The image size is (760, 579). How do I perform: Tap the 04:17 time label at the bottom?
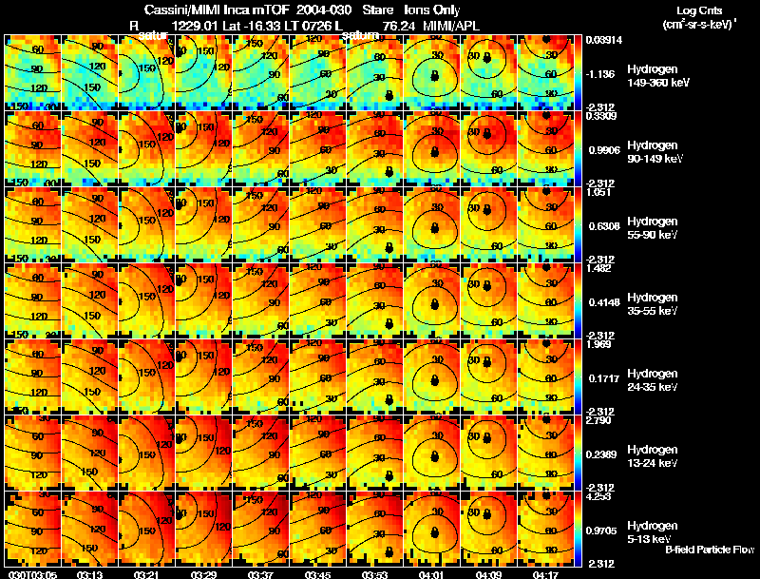546,574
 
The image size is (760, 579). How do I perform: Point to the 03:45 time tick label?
317,574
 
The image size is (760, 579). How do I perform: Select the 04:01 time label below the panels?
432,574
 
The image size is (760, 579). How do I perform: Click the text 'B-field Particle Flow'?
710,550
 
